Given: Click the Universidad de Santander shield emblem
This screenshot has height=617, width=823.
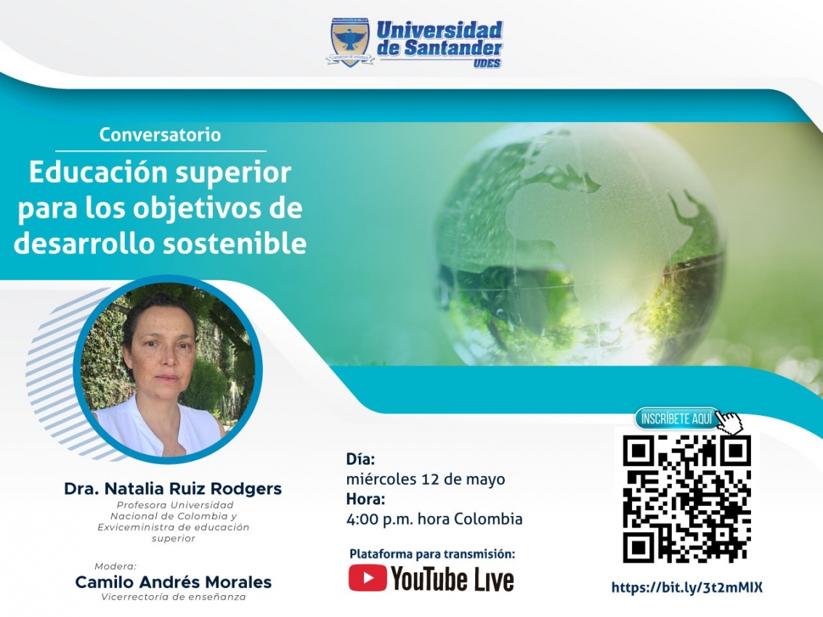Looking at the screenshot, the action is click(349, 43).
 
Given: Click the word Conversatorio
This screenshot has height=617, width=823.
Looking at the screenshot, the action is click(160, 135).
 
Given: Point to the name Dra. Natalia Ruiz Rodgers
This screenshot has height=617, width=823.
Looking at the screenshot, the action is click(173, 489).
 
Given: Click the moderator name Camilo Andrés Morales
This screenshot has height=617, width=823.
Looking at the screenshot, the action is click(173, 582).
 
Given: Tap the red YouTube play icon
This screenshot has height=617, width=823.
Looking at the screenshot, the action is click(368, 578).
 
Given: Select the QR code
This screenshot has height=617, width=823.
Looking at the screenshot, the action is click(686, 499).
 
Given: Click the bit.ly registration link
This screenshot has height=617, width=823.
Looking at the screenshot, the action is click(686, 588).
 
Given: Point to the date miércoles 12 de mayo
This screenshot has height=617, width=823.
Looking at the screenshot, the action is click(426, 479).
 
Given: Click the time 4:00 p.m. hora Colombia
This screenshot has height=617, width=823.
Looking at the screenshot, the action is click(434, 519).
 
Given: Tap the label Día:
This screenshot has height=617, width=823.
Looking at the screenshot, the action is click(360, 459).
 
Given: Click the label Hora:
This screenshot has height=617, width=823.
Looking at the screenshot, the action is click(365, 499).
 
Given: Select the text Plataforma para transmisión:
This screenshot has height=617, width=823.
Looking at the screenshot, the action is click(432, 554).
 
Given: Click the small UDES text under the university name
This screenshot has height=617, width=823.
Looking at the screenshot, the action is click(487, 63).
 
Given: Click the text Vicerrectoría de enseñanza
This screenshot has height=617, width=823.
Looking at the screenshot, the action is click(173, 597).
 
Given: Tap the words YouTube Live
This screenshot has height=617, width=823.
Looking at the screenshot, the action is click(452, 579).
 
